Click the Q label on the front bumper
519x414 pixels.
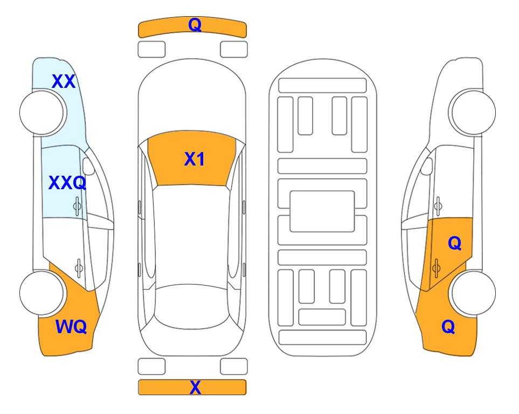point(195,25)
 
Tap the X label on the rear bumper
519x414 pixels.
point(195,387)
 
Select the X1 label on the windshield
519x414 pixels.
point(195,159)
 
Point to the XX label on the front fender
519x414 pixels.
point(64,81)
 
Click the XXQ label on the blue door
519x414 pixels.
point(67,183)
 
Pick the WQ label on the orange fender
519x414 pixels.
point(71,327)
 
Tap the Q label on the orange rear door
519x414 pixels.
point(454,244)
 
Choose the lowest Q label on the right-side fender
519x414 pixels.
point(448,327)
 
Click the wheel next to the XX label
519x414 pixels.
point(42,113)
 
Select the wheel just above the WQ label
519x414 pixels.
point(42,293)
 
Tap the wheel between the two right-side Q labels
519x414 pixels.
point(473,293)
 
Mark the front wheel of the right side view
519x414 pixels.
point(473,113)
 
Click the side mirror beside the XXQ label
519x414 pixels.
point(89,166)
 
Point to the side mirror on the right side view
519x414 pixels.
point(427,166)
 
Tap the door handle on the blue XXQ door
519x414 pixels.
point(77,206)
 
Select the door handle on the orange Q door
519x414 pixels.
point(437,268)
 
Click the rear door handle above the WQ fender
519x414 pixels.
point(79,268)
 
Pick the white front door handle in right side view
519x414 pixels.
point(438,206)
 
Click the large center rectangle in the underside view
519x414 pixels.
point(322,211)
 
